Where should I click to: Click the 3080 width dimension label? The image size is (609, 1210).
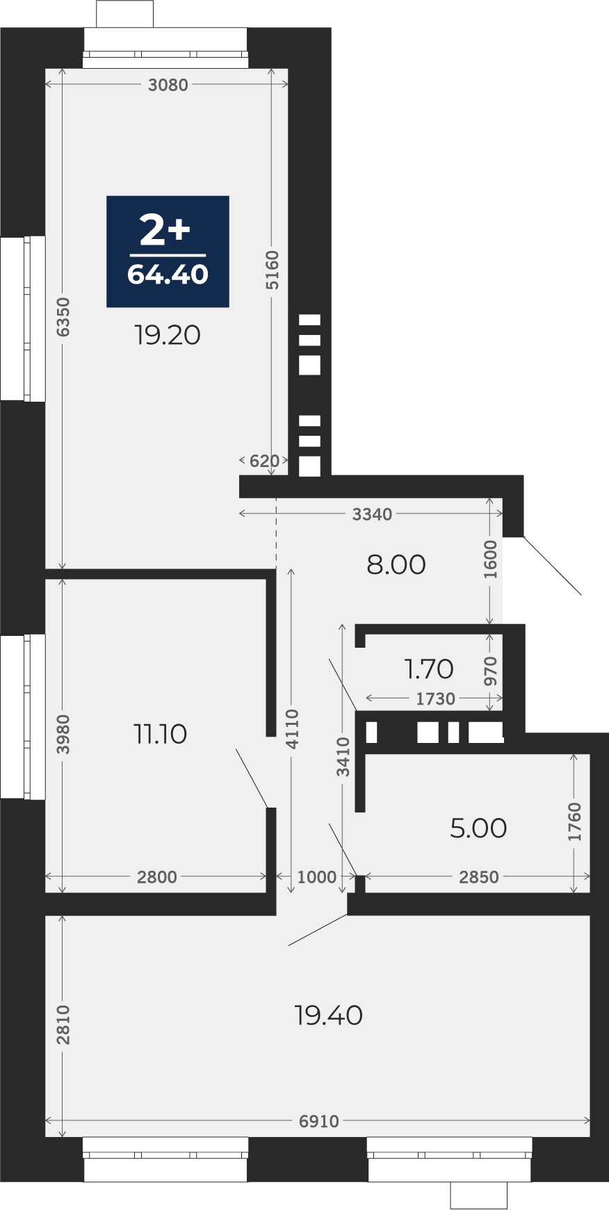[x=168, y=85]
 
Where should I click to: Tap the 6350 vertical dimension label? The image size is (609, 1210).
[x=63, y=317]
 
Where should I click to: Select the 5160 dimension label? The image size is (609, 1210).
[x=273, y=270]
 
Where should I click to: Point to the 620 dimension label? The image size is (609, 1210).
[x=264, y=461]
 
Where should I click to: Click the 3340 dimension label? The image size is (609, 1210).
[x=372, y=514]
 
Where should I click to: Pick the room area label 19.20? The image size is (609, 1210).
[x=168, y=335]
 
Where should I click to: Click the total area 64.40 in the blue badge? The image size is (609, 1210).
[x=168, y=275]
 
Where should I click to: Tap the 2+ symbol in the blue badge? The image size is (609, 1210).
[x=165, y=230]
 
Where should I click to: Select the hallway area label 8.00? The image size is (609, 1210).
[x=396, y=565]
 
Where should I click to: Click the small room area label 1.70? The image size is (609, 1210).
[x=429, y=669]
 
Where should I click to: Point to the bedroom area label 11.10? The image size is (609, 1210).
[x=160, y=734]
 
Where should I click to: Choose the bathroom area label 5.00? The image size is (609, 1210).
[x=478, y=828]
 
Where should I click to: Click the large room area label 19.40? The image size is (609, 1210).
[x=328, y=1016]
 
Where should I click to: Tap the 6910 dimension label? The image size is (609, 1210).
[x=319, y=1121]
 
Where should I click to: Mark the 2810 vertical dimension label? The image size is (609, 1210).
[x=63, y=1024]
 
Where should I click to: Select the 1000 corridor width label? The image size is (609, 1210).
[x=316, y=877]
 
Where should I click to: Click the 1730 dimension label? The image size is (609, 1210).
[x=435, y=698]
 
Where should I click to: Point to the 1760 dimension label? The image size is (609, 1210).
[x=574, y=822]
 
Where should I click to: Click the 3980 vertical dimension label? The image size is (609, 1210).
[x=63, y=734]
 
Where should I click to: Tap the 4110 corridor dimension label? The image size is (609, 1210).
[x=292, y=729]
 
